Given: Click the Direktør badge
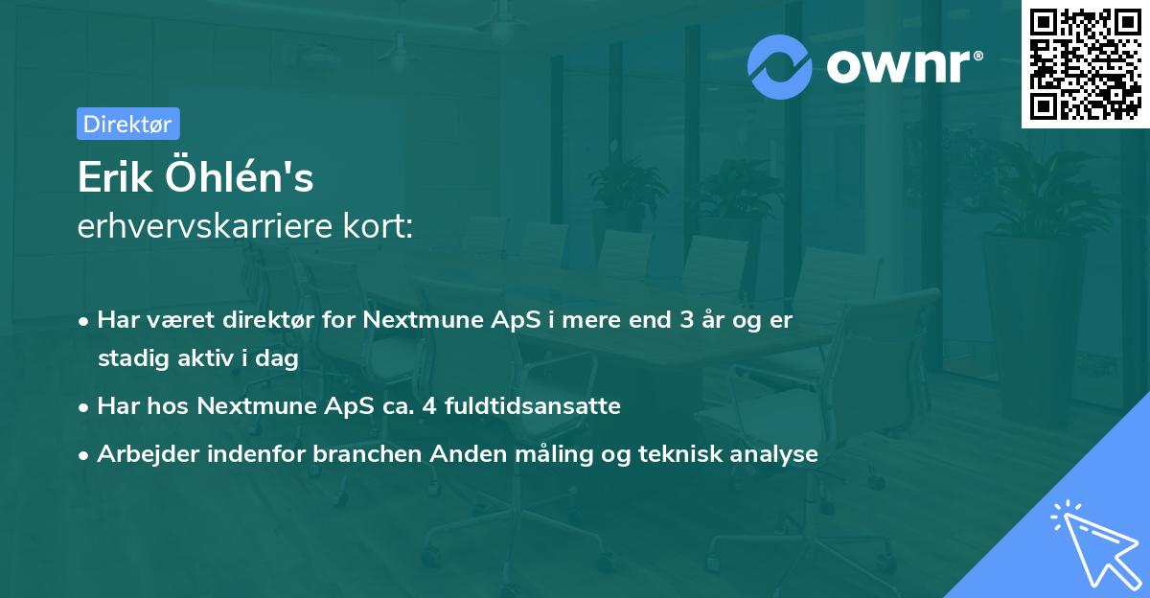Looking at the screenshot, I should pos(127,125).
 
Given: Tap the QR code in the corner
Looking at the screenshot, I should pos(1086,64).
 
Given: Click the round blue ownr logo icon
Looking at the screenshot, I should pos(780,66).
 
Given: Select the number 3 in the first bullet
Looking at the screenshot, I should pos(685,320).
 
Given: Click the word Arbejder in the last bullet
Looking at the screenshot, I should pos(140,454).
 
